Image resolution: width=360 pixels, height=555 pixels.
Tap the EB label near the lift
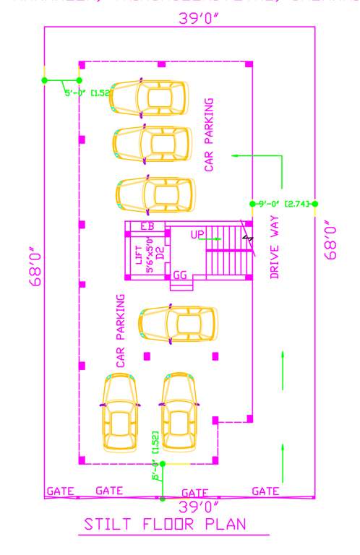tap(147, 226)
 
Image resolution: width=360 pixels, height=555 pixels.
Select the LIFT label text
tap(140, 255)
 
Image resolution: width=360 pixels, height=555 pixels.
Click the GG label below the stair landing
tap(181, 275)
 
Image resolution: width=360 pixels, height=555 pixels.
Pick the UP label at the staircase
tap(197, 235)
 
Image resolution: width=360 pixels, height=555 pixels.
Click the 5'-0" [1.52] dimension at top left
tap(85, 92)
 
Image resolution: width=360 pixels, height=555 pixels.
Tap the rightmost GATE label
tap(265, 491)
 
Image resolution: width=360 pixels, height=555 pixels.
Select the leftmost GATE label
tap(61, 491)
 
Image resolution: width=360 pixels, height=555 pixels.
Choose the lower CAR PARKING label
tap(121, 331)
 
